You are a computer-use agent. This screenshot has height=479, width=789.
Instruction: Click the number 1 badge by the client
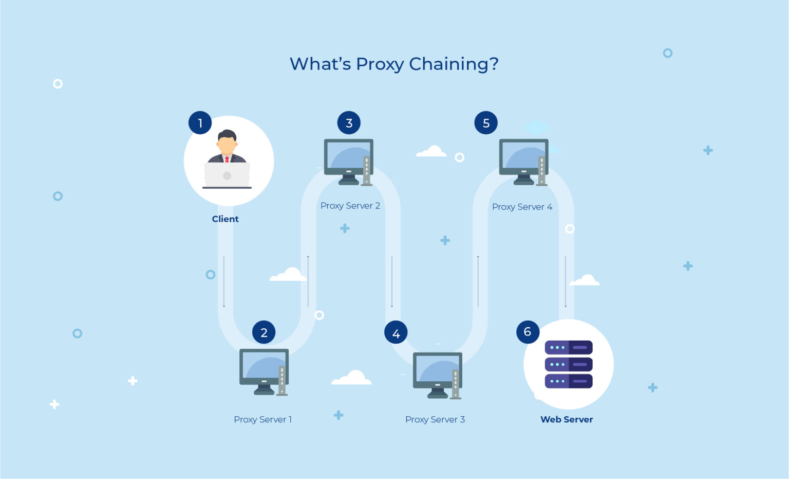(200, 123)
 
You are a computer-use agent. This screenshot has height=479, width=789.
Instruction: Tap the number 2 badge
(264, 332)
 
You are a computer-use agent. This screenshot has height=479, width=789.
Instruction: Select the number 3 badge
(349, 123)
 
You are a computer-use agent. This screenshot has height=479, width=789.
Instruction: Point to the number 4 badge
(396, 333)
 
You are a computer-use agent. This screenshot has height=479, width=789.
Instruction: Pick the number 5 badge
(486, 123)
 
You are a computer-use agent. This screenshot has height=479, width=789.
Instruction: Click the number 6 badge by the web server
(528, 332)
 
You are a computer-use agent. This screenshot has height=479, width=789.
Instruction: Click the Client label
(225, 219)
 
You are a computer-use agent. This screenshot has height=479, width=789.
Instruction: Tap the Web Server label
(567, 419)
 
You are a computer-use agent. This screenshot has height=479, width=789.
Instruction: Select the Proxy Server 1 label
(262, 419)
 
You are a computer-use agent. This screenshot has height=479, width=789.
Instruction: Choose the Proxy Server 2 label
(350, 206)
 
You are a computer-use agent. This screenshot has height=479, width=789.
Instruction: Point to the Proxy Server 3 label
(435, 419)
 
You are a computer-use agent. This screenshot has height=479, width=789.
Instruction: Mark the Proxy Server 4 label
(522, 207)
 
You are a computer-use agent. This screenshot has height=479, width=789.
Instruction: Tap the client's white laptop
(227, 175)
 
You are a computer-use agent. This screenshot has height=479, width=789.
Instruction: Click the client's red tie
(227, 159)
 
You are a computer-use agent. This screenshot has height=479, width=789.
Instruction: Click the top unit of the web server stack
(569, 347)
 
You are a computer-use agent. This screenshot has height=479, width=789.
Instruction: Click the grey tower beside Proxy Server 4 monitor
(541, 170)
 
